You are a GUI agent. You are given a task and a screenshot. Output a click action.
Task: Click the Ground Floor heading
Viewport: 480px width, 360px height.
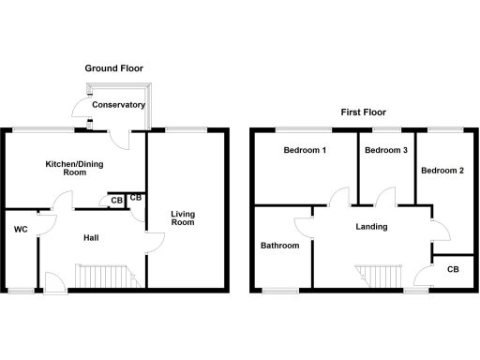pos(114,68)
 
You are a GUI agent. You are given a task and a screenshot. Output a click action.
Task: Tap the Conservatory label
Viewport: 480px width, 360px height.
pos(118,105)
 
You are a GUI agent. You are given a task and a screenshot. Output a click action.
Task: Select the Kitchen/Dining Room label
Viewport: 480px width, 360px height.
pos(74,168)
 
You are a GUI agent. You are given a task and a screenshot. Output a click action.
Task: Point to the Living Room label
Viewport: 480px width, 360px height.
pos(183,218)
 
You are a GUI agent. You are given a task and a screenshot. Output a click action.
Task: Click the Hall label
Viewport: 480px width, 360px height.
pos(92,237)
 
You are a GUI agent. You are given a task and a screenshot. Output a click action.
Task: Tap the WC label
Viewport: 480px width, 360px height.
pos(21,230)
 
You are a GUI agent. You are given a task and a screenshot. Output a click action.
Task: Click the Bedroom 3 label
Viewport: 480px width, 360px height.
pos(384,151)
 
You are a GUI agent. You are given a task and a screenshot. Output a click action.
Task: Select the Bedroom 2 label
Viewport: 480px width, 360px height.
pos(442,171)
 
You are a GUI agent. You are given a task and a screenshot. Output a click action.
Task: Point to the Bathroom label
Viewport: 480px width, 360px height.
pos(279,246)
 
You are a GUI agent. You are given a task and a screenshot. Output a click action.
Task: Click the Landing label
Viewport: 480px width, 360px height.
pos(372,227)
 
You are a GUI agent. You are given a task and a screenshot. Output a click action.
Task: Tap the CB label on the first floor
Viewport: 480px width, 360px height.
pos(453,270)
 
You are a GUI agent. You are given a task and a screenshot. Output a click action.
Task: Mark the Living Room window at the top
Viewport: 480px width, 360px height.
pos(187,127)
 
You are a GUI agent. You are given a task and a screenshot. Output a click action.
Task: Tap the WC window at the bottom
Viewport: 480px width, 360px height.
pos(21,291)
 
